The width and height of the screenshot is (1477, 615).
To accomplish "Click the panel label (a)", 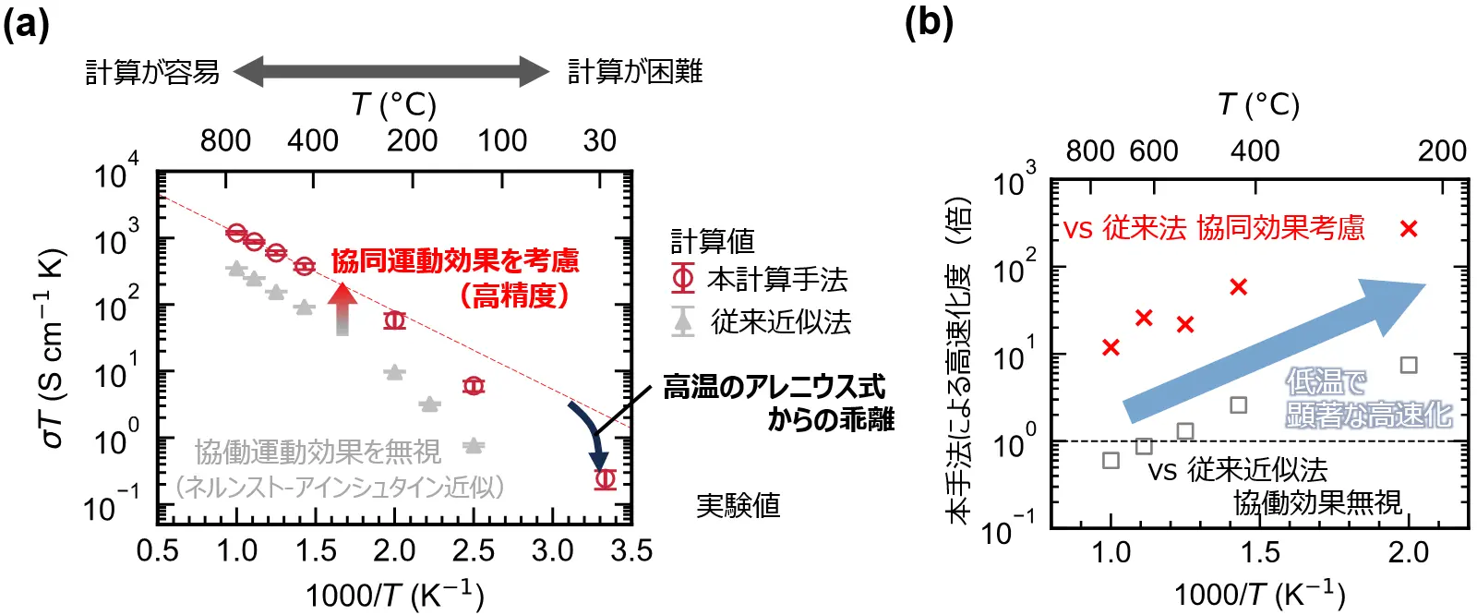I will (x=26, y=22).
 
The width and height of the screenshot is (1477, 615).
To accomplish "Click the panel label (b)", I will (x=929, y=22).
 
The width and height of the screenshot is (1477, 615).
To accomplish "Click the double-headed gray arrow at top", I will (x=391, y=71).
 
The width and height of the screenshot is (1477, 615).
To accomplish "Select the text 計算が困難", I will (x=634, y=71).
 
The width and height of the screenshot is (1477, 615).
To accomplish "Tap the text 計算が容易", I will (x=152, y=71).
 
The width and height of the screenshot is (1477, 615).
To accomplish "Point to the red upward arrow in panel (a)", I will (x=342, y=308).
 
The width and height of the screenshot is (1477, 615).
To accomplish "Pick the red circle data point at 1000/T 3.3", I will (x=605, y=478).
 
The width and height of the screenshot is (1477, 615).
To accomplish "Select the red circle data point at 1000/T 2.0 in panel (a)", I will (x=395, y=320).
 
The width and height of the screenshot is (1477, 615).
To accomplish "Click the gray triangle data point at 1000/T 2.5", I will (x=474, y=446).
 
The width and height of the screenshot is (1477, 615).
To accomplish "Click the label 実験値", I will (x=738, y=505).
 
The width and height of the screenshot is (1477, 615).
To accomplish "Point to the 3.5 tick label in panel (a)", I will (x=631, y=551).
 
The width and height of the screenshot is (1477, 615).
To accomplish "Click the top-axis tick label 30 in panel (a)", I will (x=599, y=140).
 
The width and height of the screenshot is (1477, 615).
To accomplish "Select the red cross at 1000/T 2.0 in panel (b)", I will (x=1409, y=228).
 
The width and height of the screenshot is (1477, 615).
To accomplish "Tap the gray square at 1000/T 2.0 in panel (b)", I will (x=1409, y=365).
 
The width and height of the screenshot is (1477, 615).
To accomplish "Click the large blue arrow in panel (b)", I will (x=1274, y=351).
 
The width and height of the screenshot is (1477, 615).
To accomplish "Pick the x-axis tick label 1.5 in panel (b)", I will (x=1259, y=552).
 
